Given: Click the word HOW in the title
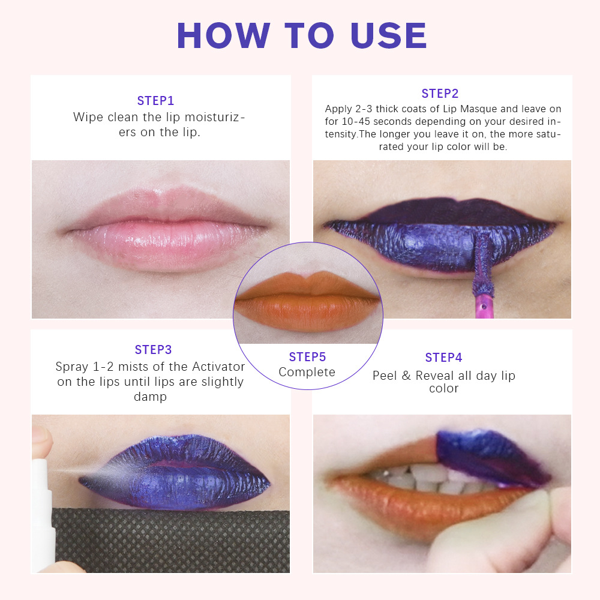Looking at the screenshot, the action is click(223, 35).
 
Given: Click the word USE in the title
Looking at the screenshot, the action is click(389, 35).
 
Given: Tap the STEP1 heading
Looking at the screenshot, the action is click(156, 101).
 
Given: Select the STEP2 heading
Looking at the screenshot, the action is click(440, 94).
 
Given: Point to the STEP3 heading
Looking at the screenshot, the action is click(154, 350).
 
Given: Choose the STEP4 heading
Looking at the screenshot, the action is click(444, 358).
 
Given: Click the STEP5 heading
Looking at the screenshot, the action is click(308, 356).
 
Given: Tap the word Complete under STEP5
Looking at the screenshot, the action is click(307, 373).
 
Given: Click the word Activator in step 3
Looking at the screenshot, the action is click(218, 367).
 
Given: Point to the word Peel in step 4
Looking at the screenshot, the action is click(385, 376).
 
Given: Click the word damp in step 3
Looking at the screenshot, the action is click(151, 397).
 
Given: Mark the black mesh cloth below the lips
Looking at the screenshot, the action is click(170, 541).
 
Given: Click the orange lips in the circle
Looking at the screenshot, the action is click(307, 301).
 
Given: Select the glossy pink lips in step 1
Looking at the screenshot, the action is click(166, 230).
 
